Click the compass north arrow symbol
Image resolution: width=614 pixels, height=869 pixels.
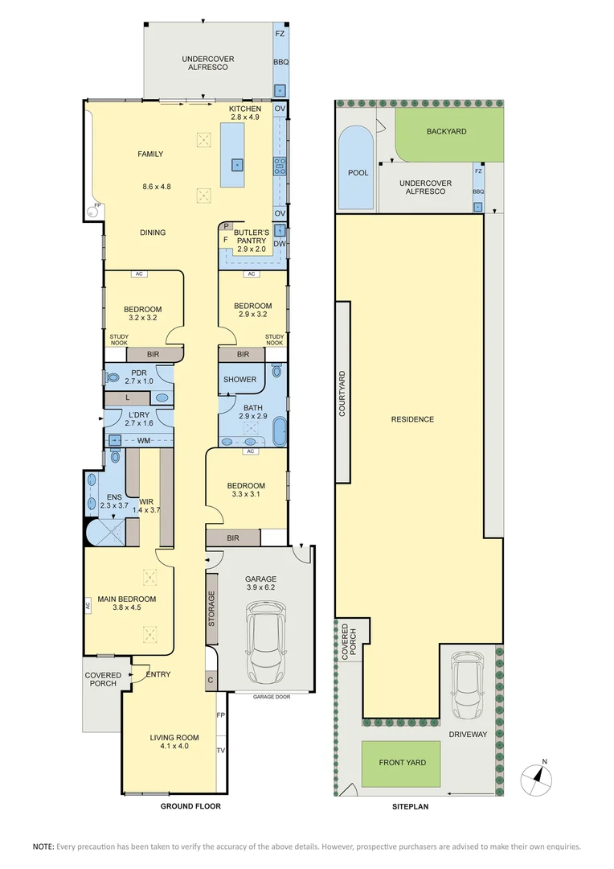click(538, 777)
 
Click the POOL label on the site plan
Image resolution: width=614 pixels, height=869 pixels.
click(358, 173)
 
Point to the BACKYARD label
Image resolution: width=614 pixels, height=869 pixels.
click(446, 131)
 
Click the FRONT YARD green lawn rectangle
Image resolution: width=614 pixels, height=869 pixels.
click(402, 763)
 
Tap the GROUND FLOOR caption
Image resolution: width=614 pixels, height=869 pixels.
click(190, 805)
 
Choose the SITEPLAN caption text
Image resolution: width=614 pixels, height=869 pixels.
click(415, 805)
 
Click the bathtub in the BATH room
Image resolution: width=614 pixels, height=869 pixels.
click(279, 431)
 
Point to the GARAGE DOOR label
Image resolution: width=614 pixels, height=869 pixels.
click(271, 697)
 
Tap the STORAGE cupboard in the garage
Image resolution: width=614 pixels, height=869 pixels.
click(212, 608)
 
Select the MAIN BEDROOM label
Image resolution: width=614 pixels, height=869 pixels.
click(127, 599)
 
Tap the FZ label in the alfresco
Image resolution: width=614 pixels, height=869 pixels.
click(280, 35)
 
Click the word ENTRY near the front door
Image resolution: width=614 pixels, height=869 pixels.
click(158, 674)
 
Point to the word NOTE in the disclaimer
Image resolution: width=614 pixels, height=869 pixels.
click(43, 846)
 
